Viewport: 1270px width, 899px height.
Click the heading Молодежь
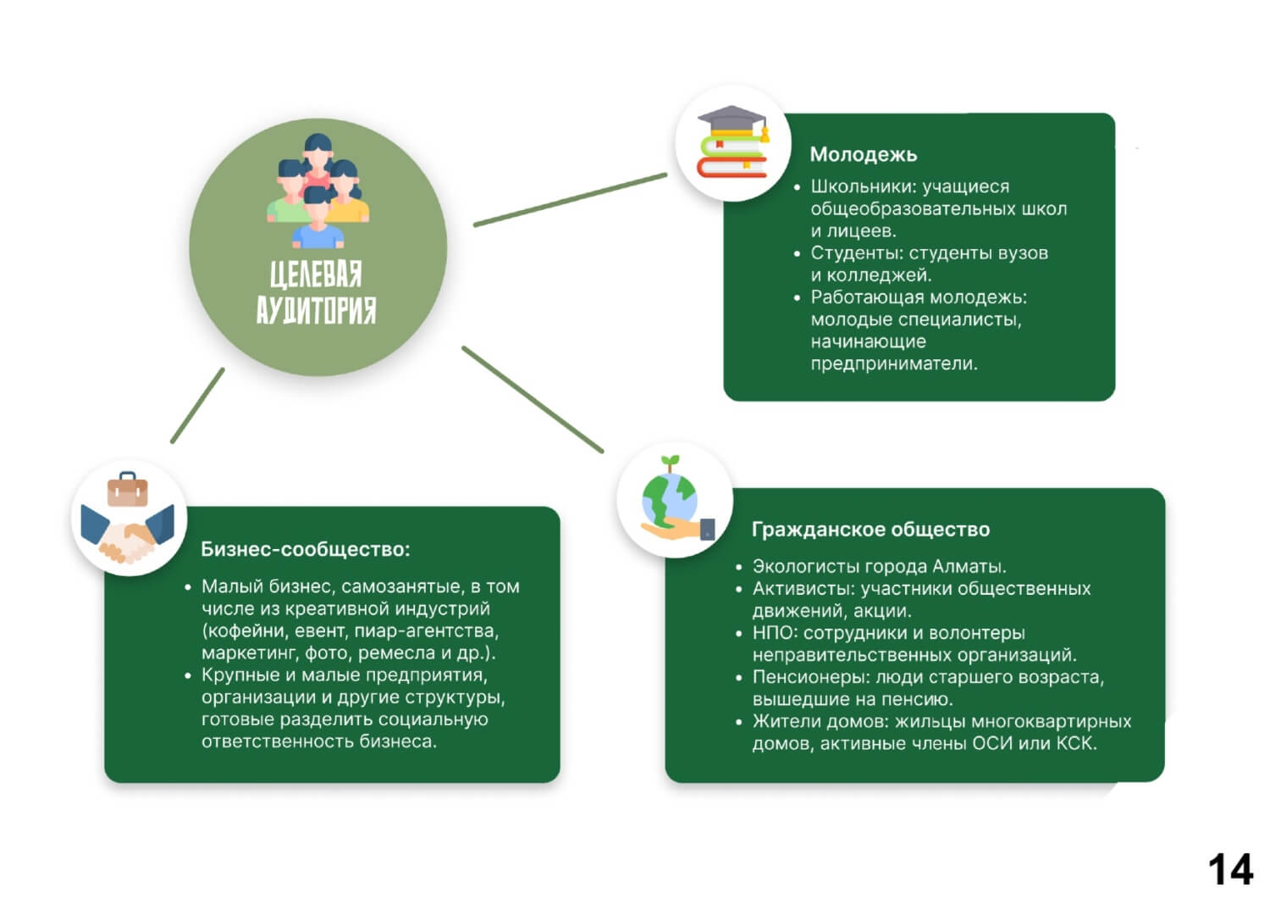(x=863, y=154)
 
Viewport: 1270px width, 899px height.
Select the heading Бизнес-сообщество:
(x=305, y=549)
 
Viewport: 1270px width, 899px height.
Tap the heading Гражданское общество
(x=870, y=530)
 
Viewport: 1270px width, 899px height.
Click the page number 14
(x=1230, y=868)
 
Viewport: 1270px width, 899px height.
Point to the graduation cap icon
(x=732, y=119)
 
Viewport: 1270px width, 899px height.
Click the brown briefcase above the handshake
(x=128, y=490)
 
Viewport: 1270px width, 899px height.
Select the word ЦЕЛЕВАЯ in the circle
(x=316, y=275)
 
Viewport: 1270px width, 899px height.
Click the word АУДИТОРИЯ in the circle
(x=316, y=310)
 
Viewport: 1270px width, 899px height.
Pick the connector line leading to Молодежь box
(x=570, y=200)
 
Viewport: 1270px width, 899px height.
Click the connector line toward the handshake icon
(x=197, y=406)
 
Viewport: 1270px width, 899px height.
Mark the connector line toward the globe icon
(x=533, y=400)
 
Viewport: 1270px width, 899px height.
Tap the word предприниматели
(x=894, y=363)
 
